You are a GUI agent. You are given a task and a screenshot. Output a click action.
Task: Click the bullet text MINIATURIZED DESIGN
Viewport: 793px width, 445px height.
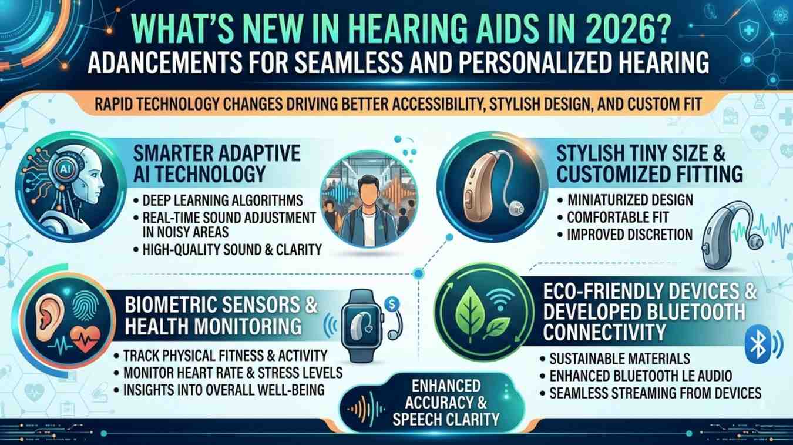[x=630, y=200]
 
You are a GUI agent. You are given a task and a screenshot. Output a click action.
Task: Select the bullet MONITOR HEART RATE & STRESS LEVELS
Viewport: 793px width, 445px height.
[x=233, y=373]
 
